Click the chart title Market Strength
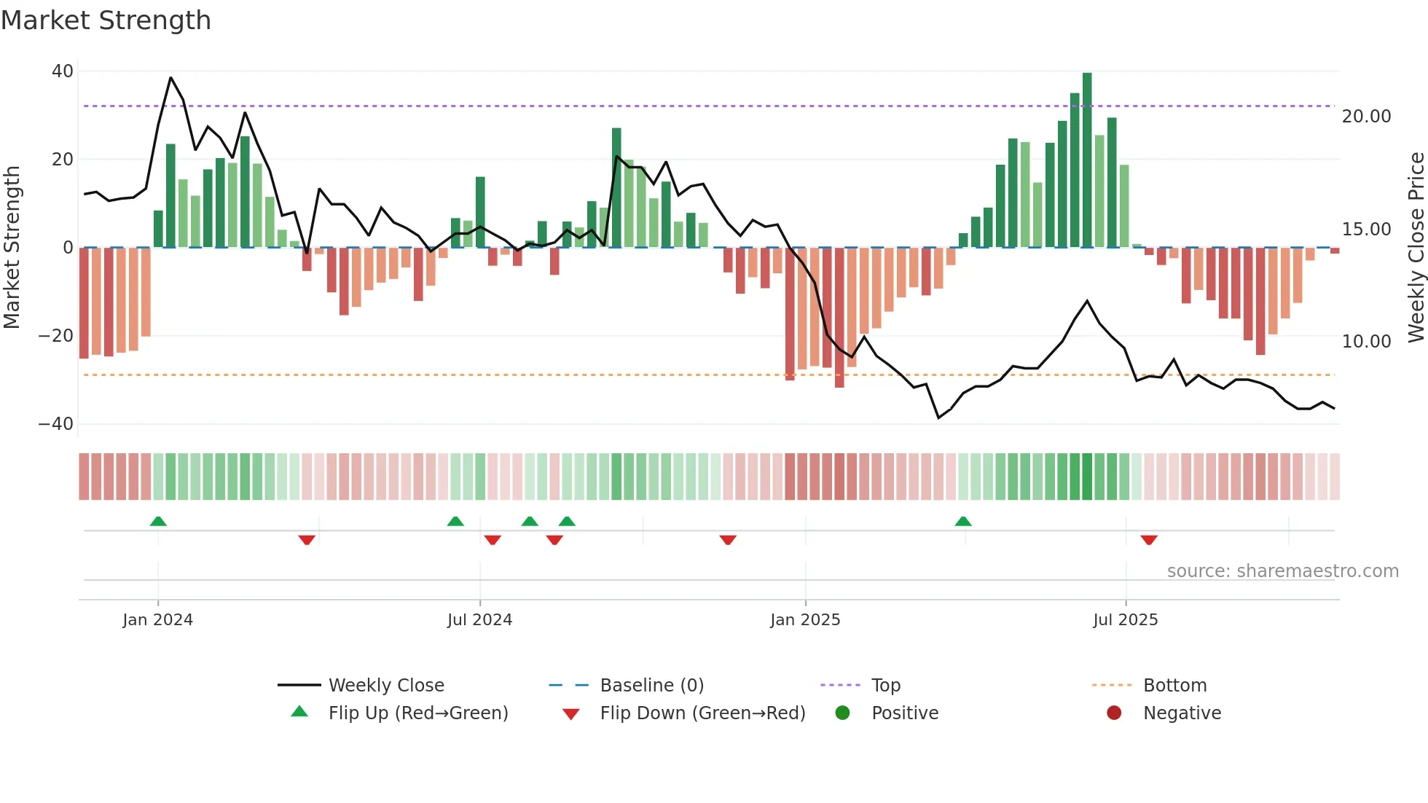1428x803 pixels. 106,20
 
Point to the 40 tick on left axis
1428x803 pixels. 63,71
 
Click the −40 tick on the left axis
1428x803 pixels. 56,424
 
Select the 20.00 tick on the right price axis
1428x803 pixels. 1366,117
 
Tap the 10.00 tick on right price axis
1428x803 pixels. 1366,342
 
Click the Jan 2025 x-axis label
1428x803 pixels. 805,620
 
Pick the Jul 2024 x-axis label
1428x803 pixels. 479,620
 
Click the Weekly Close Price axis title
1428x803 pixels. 1416,248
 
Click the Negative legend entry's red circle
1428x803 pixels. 1113,713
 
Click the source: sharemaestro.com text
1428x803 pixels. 1282,571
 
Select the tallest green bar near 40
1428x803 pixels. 1087,160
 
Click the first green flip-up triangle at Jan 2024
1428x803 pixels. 158,521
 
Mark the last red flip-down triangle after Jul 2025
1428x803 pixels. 1149,540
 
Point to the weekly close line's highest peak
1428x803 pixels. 171,78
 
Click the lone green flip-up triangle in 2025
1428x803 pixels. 963,521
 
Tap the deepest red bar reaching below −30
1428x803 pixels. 839,317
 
